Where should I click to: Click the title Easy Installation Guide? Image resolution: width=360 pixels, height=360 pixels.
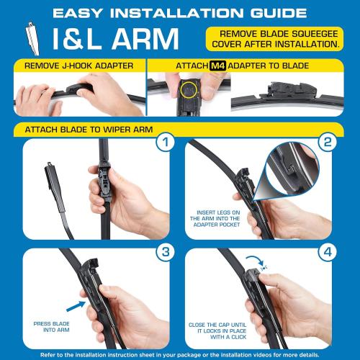[180, 12]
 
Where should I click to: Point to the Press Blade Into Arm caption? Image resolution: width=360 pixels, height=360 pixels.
[49, 328]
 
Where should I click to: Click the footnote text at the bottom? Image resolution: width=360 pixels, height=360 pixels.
[180, 354]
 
